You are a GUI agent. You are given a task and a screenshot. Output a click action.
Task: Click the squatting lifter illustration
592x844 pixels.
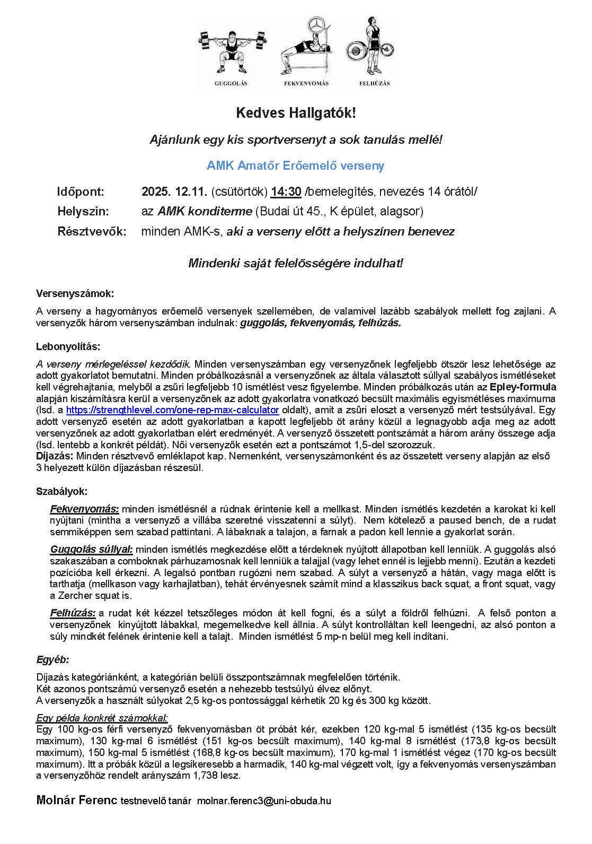231,48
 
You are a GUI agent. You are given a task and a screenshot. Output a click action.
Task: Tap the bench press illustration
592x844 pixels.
306,48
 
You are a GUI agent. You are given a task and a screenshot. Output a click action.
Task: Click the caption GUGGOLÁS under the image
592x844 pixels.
231,83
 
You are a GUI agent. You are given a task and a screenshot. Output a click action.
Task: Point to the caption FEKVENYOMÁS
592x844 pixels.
306,83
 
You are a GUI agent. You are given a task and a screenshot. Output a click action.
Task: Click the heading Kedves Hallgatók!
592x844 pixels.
296,113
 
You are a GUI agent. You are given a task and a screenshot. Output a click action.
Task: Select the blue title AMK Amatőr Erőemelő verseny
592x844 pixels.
296,166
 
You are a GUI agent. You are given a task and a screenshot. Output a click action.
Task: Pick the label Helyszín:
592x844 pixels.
83,211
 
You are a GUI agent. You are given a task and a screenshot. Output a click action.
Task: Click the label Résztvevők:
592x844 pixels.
92,231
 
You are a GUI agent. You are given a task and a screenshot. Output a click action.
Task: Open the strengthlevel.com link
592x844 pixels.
172,410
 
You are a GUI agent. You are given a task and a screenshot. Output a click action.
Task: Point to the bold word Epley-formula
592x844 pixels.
523,386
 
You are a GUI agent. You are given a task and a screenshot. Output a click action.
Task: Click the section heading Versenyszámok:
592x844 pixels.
75,293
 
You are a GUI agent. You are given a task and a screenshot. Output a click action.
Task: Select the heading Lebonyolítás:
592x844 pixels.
68,347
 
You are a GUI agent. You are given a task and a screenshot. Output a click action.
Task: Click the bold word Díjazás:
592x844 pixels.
55,456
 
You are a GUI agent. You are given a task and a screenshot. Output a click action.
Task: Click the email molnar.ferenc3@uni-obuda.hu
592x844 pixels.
264,801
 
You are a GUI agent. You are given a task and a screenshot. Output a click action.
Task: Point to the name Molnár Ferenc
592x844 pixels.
77,800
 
